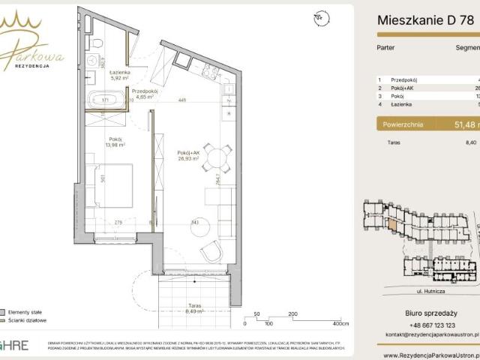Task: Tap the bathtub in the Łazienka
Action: click(x=105, y=100)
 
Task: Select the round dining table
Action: click(x=217, y=158)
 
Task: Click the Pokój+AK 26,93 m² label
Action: click(x=187, y=155)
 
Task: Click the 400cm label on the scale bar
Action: click(x=341, y=324)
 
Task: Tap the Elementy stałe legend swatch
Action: click(x=4, y=310)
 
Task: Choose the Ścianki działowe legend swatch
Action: click(x=4, y=320)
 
